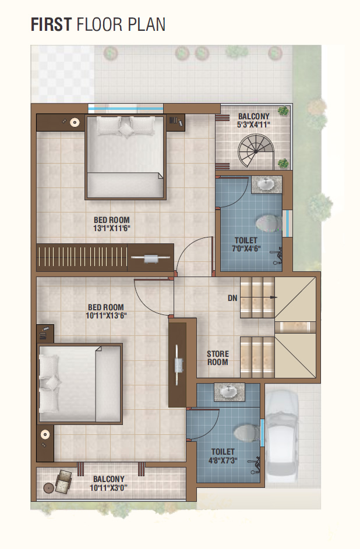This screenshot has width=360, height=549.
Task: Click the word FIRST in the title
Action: (x=51, y=24)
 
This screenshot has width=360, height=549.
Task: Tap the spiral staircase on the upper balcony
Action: (x=256, y=151)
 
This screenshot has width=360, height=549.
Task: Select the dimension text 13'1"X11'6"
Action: (x=112, y=229)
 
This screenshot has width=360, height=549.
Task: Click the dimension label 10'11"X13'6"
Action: (x=106, y=316)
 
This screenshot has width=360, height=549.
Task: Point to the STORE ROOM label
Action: (x=217, y=358)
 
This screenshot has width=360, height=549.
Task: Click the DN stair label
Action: (x=232, y=298)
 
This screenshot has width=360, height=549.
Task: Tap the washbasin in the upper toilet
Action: (x=266, y=184)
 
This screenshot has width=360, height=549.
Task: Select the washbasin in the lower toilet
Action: (x=230, y=392)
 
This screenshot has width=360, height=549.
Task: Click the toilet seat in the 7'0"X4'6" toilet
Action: (x=269, y=223)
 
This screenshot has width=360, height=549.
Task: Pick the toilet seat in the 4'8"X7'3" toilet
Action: (x=247, y=434)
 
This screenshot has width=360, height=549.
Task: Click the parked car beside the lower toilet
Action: (x=282, y=437)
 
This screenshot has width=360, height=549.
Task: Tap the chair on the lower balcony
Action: (x=63, y=482)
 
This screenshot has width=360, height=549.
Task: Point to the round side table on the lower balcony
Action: (x=48, y=487)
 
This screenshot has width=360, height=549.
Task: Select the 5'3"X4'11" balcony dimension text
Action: (x=253, y=125)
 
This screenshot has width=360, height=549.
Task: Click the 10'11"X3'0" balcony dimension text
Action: (x=108, y=487)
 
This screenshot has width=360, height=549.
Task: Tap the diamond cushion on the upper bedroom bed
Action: (x=126, y=130)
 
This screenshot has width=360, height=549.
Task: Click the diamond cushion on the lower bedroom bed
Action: (x=53, y=382)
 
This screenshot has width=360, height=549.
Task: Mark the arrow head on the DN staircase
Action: (x=274, y=297)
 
